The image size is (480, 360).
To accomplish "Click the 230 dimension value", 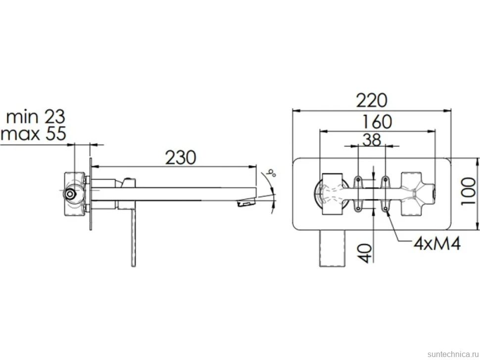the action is (x=180, y=158).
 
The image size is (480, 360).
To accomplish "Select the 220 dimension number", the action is (x=372, y=100).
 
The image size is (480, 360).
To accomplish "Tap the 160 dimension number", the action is (x=377, y=122).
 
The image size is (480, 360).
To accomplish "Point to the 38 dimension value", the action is (x=372, y=140).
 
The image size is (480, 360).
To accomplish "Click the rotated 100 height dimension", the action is (x=469, y=192).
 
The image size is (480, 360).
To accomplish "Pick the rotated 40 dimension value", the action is (x=365, y=253).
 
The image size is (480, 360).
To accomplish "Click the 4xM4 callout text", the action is (x=437, y=244).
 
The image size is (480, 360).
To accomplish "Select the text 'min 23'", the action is (x=36, y=117).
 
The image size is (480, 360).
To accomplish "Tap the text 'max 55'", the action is (x=33, y=134).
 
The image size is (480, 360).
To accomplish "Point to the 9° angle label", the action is (x=271, y=173).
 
